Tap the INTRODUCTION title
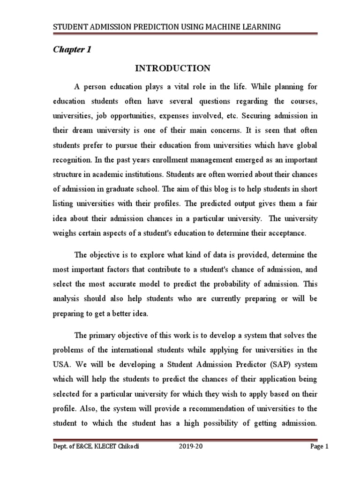click(x=173, y=68)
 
